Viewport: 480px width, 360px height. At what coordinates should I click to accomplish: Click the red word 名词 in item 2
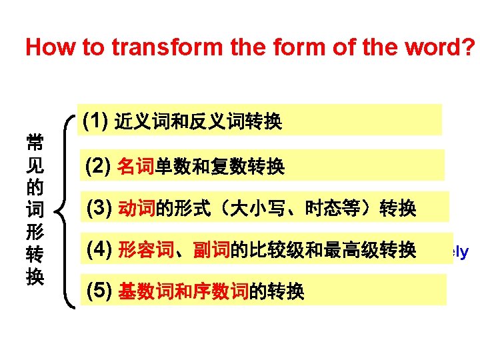click(x=135, y=167)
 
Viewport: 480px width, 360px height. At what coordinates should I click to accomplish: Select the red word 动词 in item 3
click(x=135, y=210)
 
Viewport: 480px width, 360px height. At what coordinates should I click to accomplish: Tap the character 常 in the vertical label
click(x=35, y=142)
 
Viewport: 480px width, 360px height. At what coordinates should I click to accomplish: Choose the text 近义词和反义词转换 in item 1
click(x=198, y=122)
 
